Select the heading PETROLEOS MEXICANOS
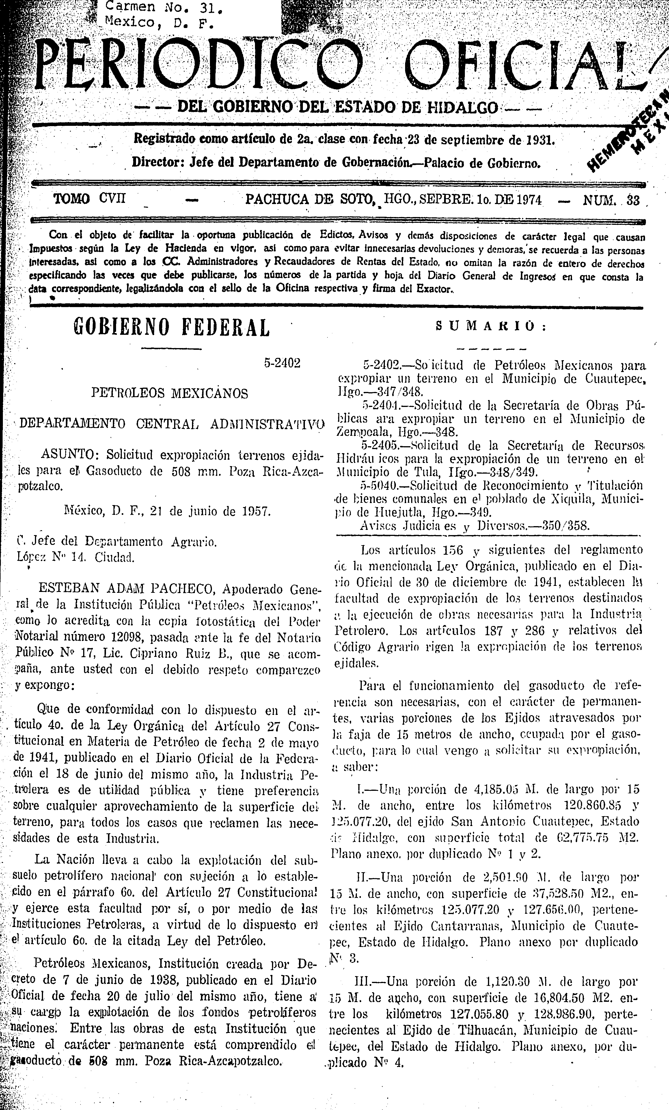pyautogui.click(x=169, y=393)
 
